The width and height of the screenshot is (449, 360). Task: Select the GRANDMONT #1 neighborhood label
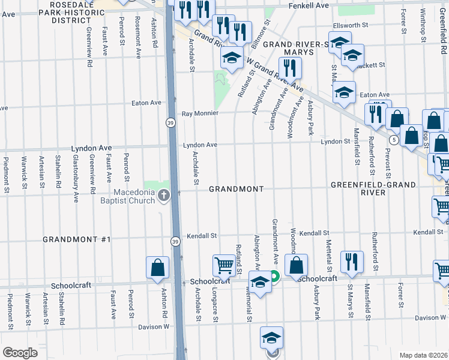(x=77, y=239)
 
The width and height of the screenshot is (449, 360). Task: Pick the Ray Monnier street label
(x=199, y=113)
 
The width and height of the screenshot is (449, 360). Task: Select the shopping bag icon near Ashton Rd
(x=157, y=268)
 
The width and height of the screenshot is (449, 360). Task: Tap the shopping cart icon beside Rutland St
(x=224, y=265)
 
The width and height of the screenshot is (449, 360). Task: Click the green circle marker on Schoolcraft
(x=274, y=277)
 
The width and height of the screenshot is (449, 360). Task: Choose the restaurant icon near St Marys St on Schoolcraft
(x=351, y=262)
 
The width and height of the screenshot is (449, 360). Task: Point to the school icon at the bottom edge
(x=271, y=338)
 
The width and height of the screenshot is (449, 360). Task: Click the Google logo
(x=20, y=353)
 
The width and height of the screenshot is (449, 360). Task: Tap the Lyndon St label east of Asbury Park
(x=335, y=142)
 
